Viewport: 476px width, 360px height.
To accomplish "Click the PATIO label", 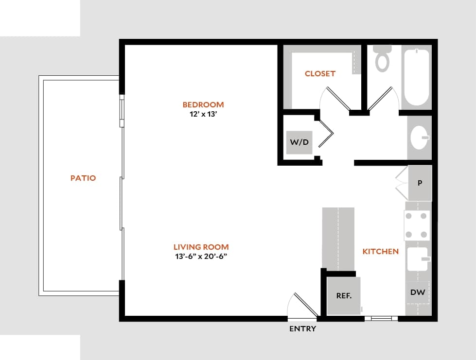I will click(x=83, y=178).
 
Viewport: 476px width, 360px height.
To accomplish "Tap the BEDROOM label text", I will click(x=203, y=104).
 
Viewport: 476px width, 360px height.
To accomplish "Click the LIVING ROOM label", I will click(x=201, y=247).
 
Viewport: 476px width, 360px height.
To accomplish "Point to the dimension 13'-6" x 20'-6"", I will click(x=201, y=257).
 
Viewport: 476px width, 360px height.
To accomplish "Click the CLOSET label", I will click(x=320, y=74).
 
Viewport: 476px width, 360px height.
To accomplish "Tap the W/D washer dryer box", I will click(x=299, y=142).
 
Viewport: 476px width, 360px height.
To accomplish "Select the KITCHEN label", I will click(x=380, y=251).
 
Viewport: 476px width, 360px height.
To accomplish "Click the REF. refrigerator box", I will click(x=344, y=295).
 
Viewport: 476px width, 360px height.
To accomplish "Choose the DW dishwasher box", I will click(x=418, y=292).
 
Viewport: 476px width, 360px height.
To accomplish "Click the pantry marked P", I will click(x=420, y=183).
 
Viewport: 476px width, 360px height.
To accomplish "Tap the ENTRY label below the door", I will click(x=302, y=329).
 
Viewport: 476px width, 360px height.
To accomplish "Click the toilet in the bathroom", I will click(x=383, y=58).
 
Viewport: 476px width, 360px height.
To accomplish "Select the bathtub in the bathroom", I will click(x=417, y=76).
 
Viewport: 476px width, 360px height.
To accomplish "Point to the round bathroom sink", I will click(x=419, y=138).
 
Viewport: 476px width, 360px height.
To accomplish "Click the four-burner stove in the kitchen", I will click(x=418, y=225).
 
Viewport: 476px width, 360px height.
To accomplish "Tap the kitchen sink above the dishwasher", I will click(x=417, y=259).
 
